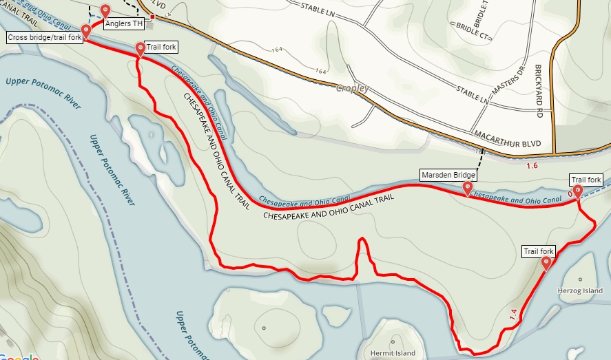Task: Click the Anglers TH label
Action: (x=124, y=23)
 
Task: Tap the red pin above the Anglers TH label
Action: (x=105, y=12)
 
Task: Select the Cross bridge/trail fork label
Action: (x=45, y=37)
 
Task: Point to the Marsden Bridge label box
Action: (x=448, y=176)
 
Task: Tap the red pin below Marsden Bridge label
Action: (x=468, y=188)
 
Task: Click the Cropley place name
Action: (x=353, y=88)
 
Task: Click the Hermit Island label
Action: (x=393, y=353)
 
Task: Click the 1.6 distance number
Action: (x=532, y=166)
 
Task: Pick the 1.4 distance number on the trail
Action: (x=512, y=315)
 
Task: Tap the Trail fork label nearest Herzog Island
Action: (x=539, y=251)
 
